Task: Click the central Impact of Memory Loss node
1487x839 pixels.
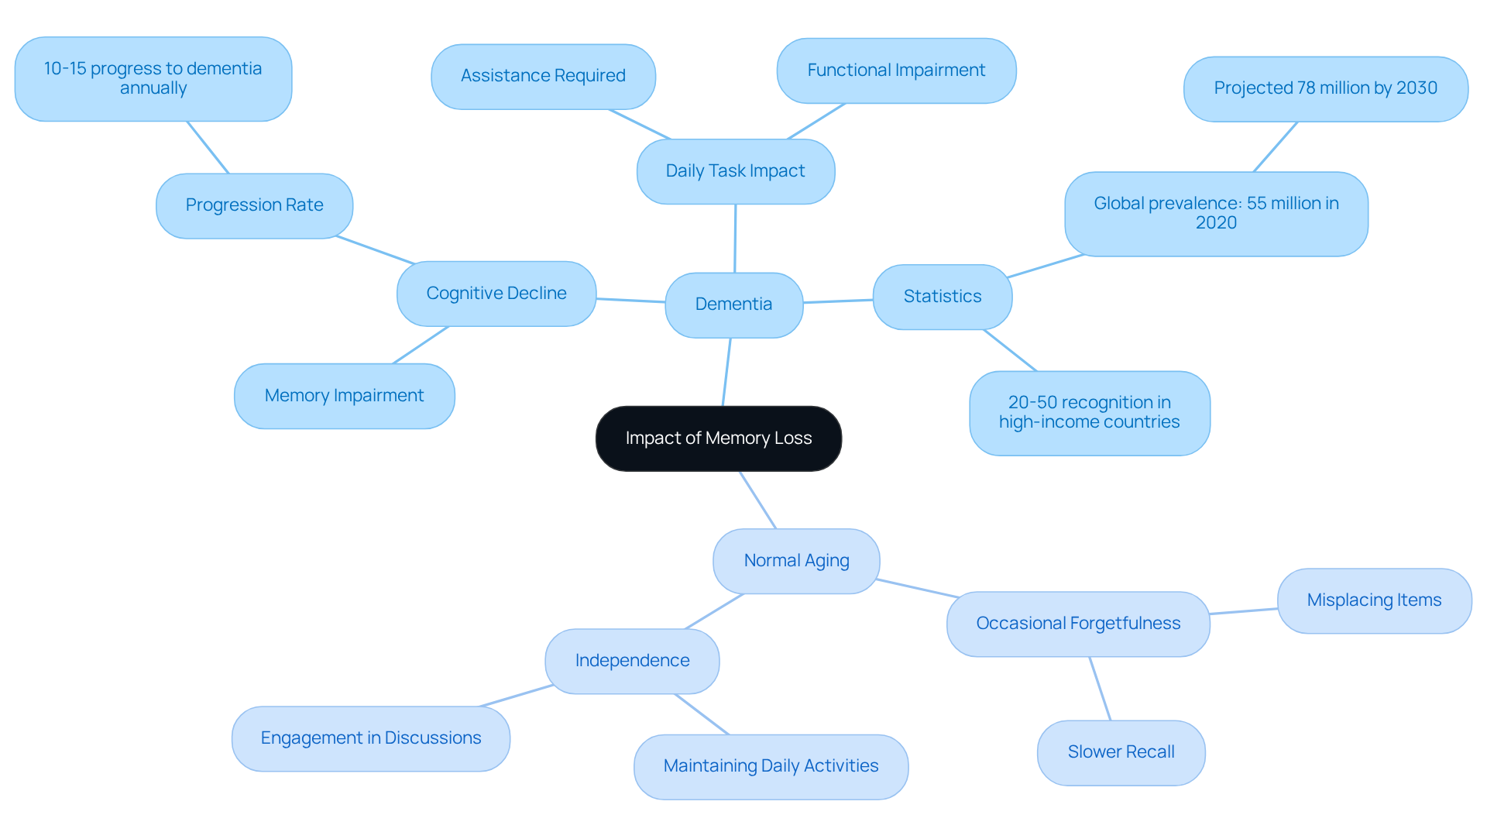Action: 718,438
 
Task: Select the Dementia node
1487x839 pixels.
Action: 733,304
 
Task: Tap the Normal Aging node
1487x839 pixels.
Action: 796,561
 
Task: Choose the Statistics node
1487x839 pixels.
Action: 942,297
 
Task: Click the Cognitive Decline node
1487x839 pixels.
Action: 496,294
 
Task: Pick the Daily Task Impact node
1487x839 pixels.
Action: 735,171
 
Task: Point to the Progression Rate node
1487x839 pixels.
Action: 254,205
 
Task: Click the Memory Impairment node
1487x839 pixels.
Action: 344,396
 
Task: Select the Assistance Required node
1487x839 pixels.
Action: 543,76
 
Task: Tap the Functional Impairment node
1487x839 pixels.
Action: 896,70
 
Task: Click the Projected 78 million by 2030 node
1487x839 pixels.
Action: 1325,88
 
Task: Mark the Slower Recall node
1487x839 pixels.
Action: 1121,752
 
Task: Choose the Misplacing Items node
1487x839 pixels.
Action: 1374,600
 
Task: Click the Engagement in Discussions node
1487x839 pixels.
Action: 370,738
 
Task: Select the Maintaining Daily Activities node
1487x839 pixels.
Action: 771,766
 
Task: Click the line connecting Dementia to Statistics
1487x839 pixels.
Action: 838,301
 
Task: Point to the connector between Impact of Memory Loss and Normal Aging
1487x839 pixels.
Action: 757,500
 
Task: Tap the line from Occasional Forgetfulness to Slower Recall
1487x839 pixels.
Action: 1100,689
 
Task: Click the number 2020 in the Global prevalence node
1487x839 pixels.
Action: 1216,223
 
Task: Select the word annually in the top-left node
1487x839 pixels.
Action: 153,88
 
